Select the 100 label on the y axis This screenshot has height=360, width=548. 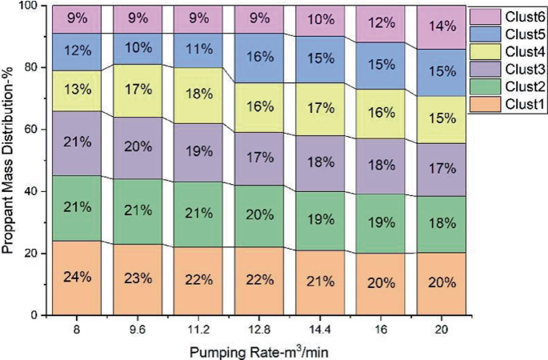click(34, 6)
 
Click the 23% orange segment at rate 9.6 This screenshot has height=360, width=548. click(136, 279)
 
